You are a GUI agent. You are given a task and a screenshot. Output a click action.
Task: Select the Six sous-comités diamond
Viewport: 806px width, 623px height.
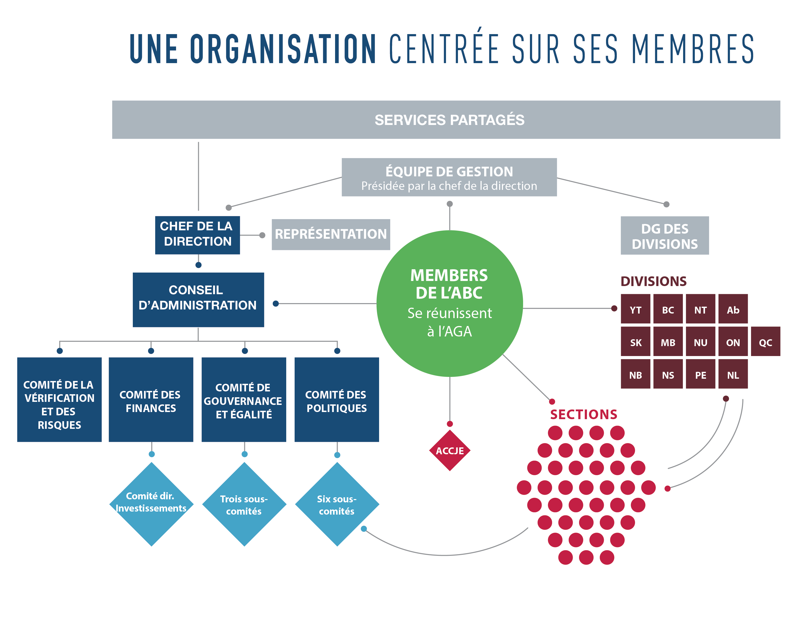[337, 504]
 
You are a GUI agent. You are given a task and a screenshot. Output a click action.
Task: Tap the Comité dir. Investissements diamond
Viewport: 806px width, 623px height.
[151, 504]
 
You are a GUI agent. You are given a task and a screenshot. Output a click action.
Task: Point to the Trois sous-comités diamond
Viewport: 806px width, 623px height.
[244, 504]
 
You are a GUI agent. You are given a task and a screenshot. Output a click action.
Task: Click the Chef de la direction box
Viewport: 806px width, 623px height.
[197, 235]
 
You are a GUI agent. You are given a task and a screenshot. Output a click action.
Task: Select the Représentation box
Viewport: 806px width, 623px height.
[331, 234]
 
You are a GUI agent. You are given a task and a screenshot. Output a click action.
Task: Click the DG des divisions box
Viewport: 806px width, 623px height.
[664, 235]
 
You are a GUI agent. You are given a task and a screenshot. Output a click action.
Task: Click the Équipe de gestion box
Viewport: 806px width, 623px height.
[449, 177]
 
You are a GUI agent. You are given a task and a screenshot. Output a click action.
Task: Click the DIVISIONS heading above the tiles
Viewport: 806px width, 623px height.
[653, 281]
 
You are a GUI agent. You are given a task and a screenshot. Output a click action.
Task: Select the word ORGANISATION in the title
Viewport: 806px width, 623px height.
[283, 49]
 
